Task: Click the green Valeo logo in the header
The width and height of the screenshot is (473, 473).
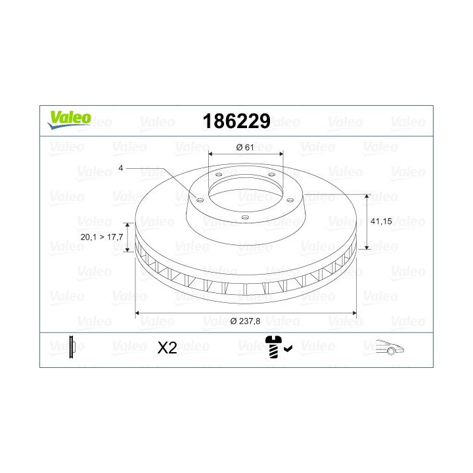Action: (x=68, y=118)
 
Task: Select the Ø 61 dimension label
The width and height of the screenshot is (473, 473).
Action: (x=244, y=147)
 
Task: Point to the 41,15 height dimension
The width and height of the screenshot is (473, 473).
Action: (x=382, y=221)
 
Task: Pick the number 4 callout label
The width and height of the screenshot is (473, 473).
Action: (x=121, y=168)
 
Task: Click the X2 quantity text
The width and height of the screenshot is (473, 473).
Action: (x=168, y=348)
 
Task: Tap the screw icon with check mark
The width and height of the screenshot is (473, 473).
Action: (x=277, y=346)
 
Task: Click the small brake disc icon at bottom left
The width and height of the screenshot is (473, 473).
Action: (x=72, y=346)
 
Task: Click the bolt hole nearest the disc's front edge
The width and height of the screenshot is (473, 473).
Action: (x=244, y=217)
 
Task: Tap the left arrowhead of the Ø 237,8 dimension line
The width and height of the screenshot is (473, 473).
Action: (x=137, y=315)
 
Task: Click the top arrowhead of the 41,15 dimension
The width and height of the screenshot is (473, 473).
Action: (x=366, y=196)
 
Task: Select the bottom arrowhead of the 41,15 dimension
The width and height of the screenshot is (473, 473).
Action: (x=366, y=250)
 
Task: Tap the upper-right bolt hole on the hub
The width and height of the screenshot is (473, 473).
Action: (x=271, y=175)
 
